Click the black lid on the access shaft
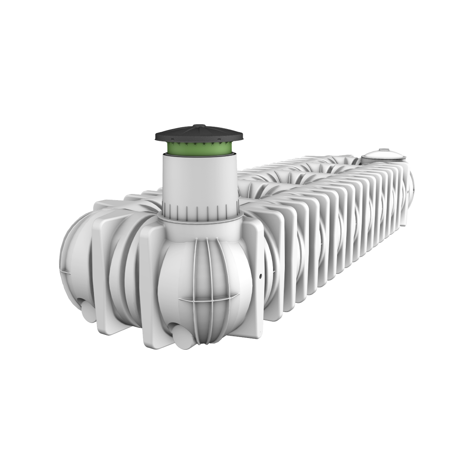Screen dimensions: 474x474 (199, 134)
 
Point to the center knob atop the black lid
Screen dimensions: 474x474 (199, 126)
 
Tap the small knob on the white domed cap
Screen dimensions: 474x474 (383, 150)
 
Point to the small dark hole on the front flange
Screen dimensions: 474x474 (260, 276)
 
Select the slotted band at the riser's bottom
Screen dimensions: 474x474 (200, 209)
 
